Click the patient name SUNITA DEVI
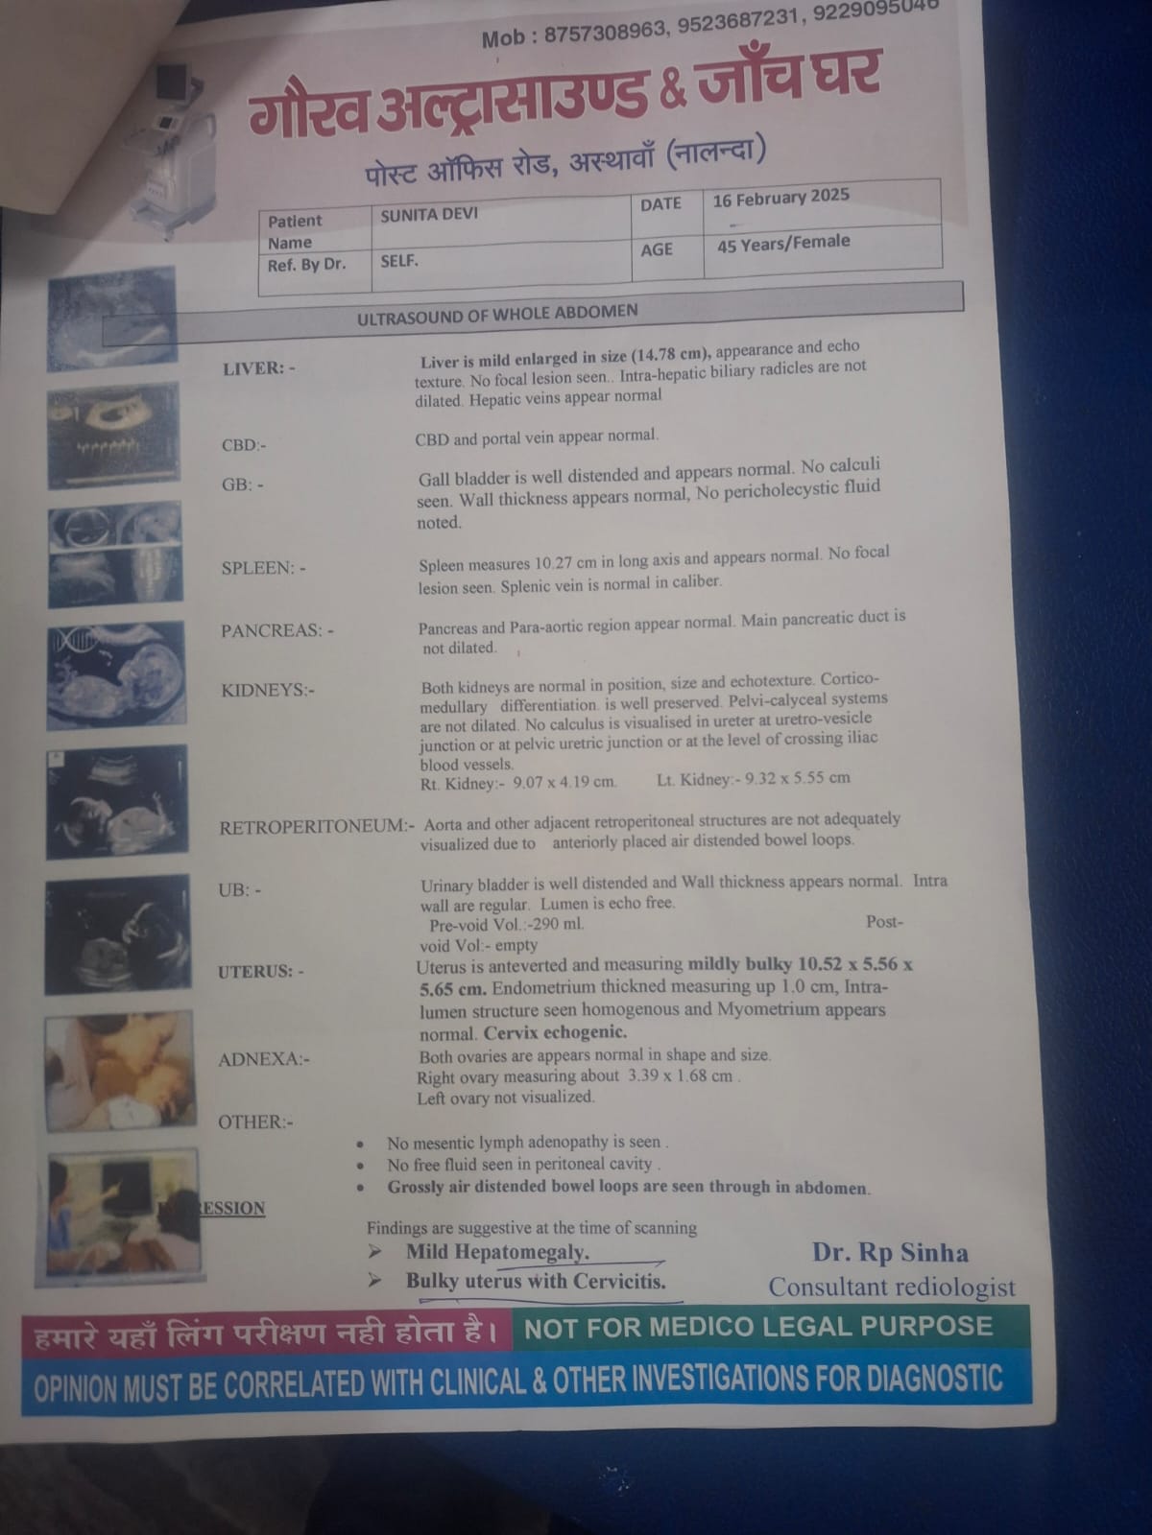coord(429,214)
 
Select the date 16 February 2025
coord(780,198)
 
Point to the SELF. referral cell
coord(399,262)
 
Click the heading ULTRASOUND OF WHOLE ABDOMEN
coord(497,315)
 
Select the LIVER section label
coord(259,368)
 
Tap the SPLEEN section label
coord(263,568)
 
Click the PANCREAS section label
coord(277,630)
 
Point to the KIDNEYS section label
coord(267,690)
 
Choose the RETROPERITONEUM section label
coord(317,827)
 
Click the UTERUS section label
coord(260,972)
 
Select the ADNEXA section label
coord(263,1059)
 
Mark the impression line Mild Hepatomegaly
coord(497,1252)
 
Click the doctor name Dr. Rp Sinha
coord(890,1253)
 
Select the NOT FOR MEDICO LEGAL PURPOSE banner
coord(758,1327)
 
